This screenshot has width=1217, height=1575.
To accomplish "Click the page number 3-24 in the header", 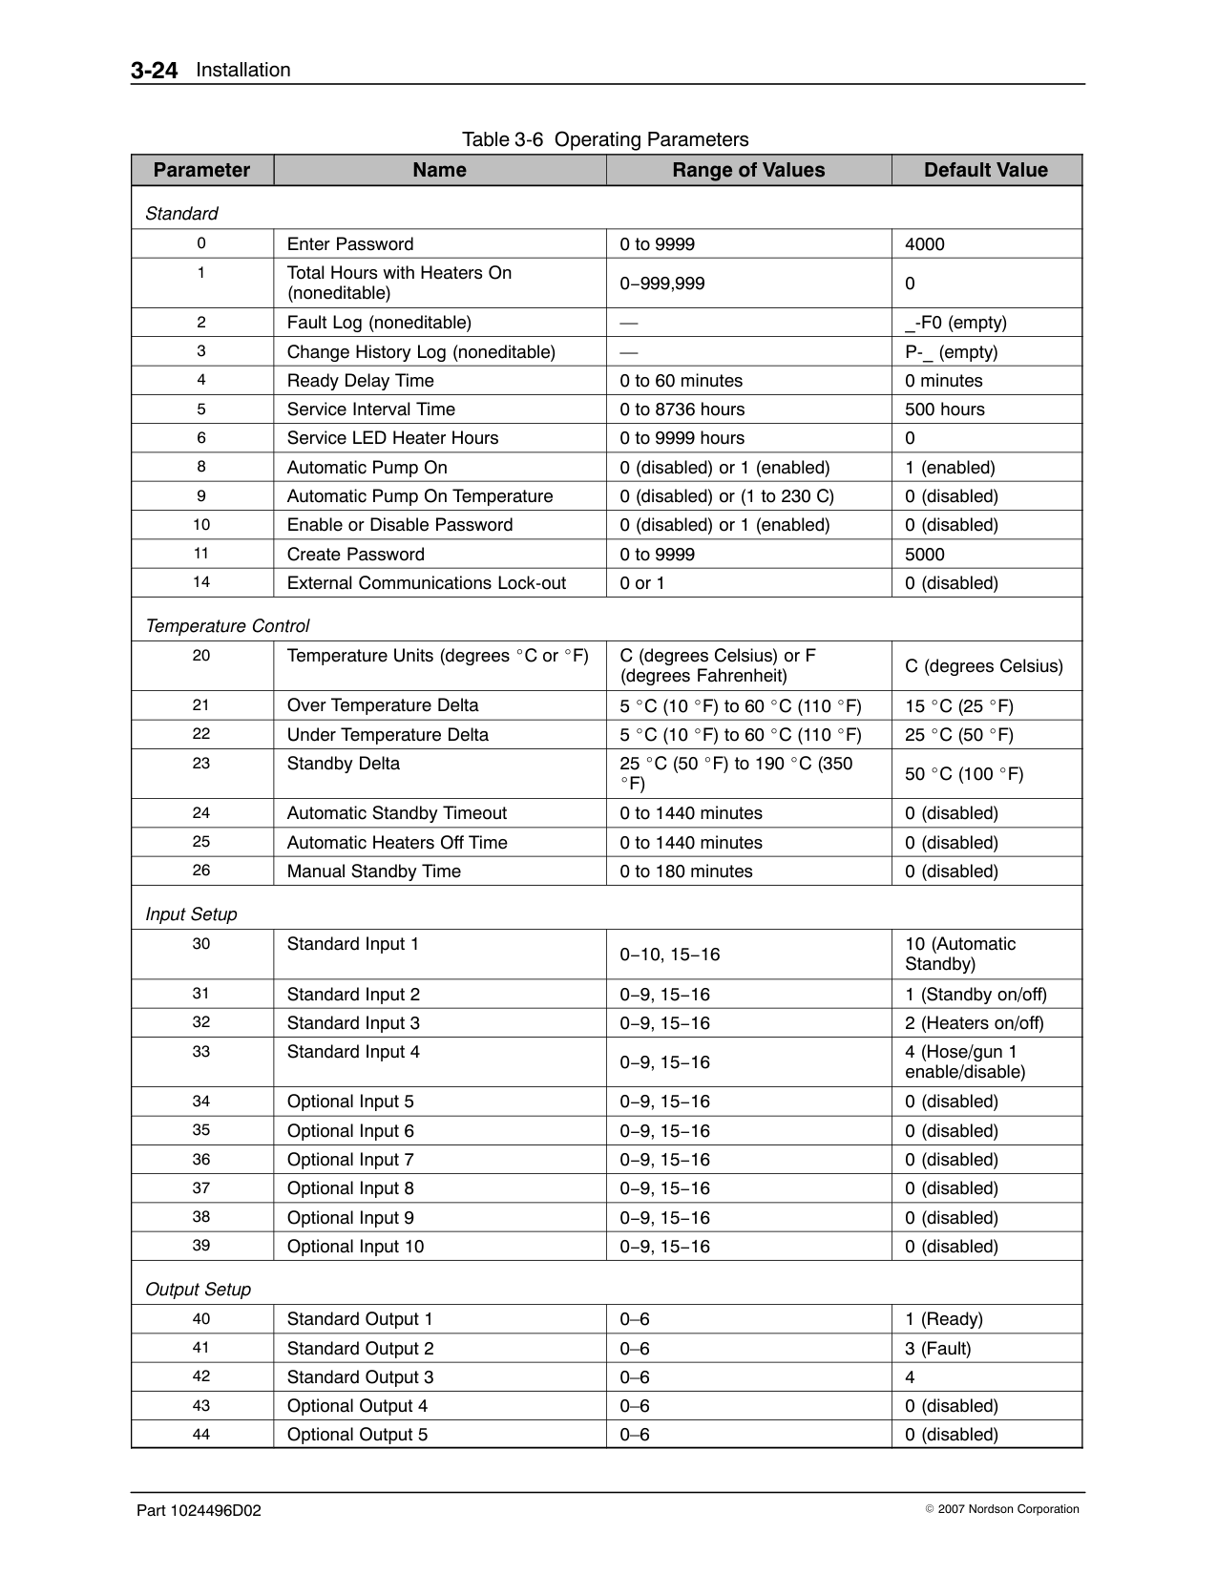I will point(154,71).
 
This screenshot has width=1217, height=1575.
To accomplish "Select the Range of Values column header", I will point(748,170).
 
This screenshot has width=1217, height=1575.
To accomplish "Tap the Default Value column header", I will point(985,170).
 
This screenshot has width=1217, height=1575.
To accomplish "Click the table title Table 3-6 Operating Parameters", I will point(605,139).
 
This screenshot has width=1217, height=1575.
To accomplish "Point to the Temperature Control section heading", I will point(227,626).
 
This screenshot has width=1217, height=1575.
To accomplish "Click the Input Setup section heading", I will point(191,914).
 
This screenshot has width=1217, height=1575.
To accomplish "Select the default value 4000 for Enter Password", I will point(924,244).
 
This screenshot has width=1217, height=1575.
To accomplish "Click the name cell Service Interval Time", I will point(371,409).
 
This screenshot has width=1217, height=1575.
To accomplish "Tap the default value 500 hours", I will point(944,409).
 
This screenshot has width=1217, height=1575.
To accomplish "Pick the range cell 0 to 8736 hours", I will point(682,409).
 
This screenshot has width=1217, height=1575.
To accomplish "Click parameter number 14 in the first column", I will point(201,582).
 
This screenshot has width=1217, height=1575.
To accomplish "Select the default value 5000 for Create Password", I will point(924,555).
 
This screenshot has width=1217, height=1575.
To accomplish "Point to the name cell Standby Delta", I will point(344,764).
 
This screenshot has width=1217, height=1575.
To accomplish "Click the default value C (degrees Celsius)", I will point(983,666).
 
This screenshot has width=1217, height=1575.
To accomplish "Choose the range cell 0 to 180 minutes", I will point(685,871).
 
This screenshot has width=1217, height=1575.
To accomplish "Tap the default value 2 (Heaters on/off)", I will point(974,1023).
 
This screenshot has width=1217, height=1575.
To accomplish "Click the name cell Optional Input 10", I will point(355,1247).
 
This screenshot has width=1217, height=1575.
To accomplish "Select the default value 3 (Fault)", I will point(937,1349).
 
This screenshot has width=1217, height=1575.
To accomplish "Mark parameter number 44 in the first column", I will point(201,1434).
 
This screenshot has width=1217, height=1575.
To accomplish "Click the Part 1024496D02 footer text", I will point(199,1511).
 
